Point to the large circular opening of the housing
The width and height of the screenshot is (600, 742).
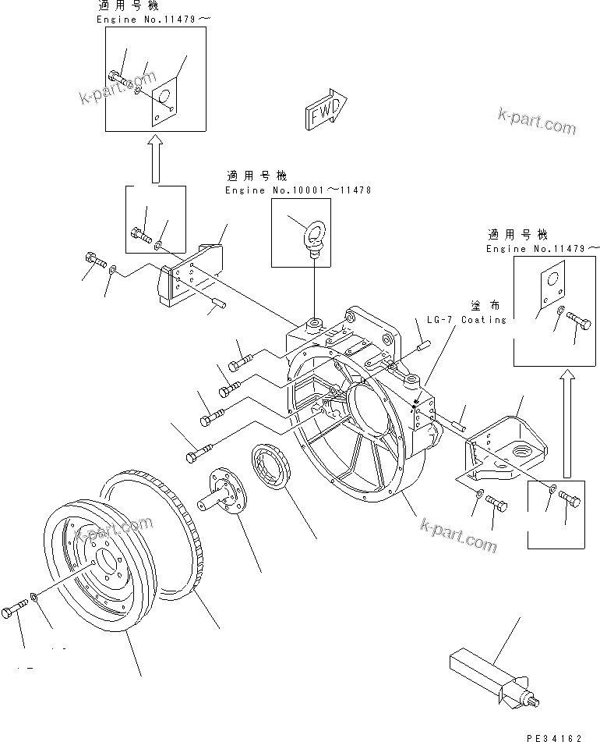372,406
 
